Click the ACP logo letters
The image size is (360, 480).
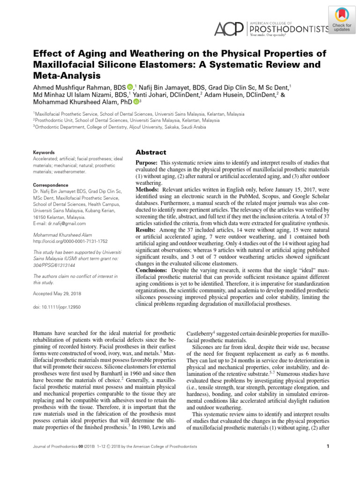[228, 29]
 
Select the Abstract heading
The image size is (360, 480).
[150, 152]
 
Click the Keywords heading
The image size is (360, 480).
[44, 152]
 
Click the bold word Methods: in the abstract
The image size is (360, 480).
[148, 188]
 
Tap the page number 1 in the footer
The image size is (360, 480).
[328, 446]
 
